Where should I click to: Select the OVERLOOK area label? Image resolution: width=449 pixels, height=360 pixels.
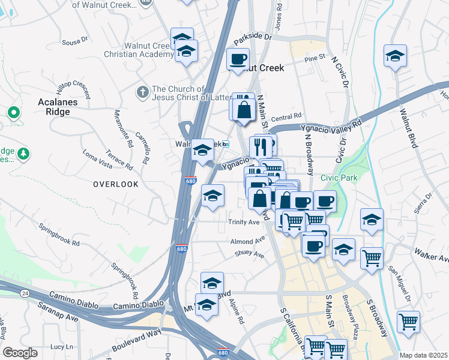116,184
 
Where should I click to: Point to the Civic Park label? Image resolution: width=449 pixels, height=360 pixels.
339,178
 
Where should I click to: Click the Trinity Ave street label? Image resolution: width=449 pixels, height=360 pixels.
244,222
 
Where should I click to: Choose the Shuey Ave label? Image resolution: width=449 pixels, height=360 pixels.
250,254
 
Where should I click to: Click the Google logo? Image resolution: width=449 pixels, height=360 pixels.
20,352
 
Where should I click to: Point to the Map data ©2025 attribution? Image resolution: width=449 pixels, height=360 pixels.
423,355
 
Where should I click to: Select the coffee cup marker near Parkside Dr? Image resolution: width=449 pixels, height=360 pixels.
238,59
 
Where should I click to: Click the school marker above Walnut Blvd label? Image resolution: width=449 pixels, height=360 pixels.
394,56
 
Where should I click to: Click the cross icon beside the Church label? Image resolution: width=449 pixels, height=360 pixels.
142,92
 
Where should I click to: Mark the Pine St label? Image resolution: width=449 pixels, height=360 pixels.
315,58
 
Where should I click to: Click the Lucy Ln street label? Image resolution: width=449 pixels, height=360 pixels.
61,347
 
